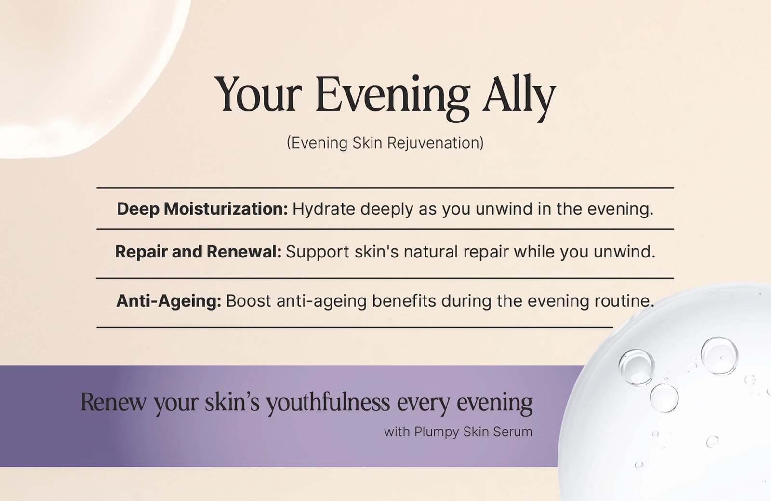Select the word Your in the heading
(x=258, y=94)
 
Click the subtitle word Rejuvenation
(x=435, y=143)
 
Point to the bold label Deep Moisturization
(x=202, y=209)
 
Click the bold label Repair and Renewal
(x=198, y=252)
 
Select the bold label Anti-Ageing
(x=168, y=301)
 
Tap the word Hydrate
(x=324, y=209)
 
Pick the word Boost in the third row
(x=248, y=301)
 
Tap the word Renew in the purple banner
(x=113, y=402)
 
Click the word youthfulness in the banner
(x=328, y=402)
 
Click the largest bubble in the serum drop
(x=719, y=355)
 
